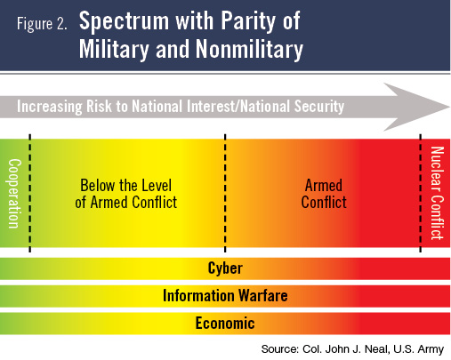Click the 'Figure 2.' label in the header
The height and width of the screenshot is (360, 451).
tap(42, 23)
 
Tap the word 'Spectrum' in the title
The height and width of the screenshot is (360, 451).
tap(124, 21)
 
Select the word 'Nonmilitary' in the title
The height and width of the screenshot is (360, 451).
tap(249, 49)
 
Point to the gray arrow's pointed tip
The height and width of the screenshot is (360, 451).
tap(450, 107)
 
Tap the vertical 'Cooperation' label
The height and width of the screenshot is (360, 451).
tap(14, 194)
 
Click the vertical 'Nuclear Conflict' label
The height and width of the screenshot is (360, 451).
tap(437, 193)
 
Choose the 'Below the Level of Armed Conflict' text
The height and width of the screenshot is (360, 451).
tap(126, 194)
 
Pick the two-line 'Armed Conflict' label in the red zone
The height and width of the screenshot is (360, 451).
tap(324, 194)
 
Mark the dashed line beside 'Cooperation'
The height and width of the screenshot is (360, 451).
tap(30, 193)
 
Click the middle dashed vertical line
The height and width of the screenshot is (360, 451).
tap(225, 193)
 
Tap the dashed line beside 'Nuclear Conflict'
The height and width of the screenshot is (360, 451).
tap(421, 193)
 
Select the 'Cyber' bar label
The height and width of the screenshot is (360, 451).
tap(225, 268)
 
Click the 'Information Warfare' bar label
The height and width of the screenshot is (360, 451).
tap(225, 296)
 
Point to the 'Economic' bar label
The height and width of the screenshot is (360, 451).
tap(225, 323)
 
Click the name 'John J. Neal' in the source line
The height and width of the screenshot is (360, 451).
tap(357, 349)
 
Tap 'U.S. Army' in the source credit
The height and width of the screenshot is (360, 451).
tap(418, 349)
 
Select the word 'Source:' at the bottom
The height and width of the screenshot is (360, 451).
tap(280, 349)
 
